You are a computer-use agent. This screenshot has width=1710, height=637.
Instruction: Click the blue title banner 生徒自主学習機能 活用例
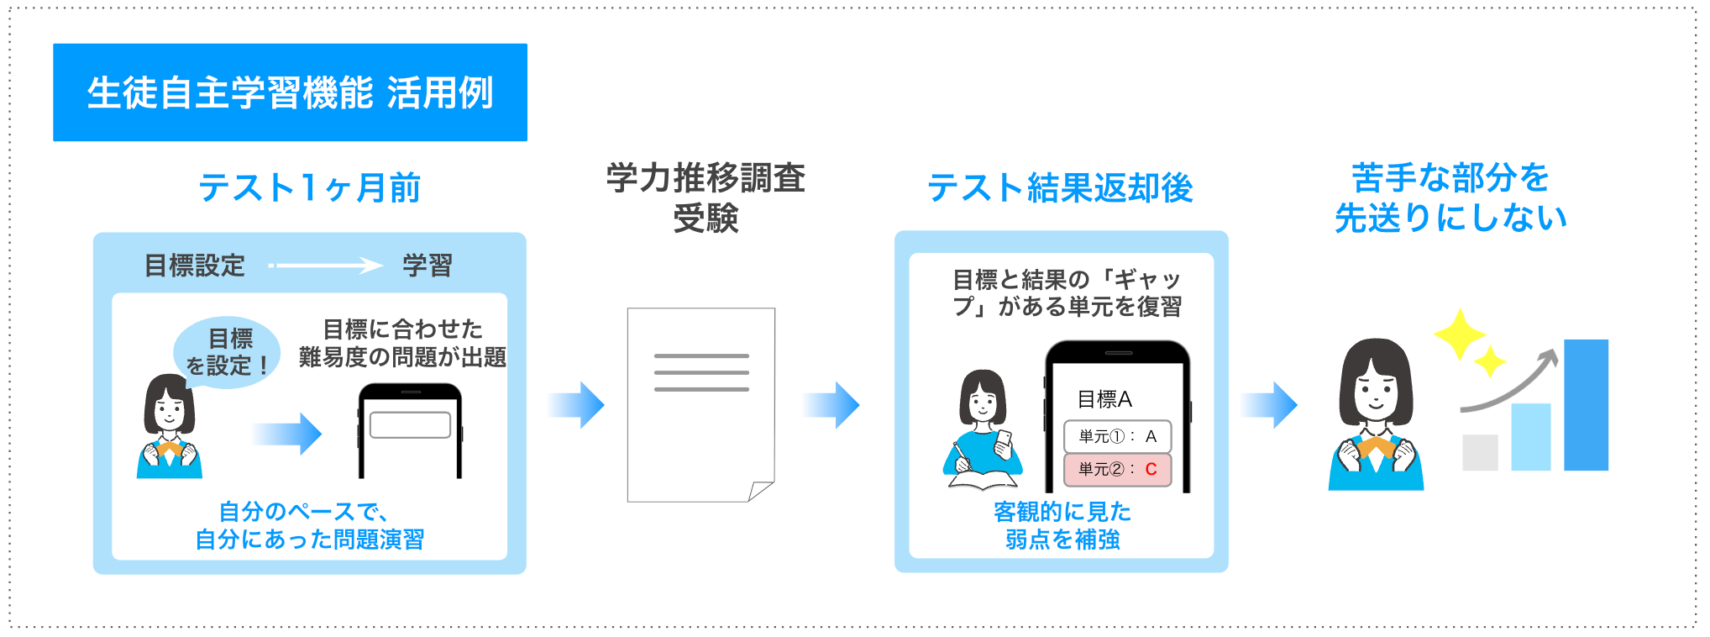290,92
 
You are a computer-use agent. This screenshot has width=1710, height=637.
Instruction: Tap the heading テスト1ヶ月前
309,187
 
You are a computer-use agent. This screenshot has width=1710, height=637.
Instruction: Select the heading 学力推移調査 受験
706,198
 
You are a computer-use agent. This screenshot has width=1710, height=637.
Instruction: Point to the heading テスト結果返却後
1060,187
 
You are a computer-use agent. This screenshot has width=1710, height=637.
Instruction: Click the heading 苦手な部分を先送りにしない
1450,198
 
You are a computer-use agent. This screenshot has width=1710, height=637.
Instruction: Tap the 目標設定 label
195,266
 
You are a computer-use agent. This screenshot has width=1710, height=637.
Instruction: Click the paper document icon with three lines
700,403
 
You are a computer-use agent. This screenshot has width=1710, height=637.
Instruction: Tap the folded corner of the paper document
760,491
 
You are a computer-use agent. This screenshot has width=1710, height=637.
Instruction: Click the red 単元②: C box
1117,469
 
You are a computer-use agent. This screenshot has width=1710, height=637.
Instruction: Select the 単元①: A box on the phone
1117,436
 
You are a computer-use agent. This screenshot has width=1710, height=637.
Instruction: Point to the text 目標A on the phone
1104,399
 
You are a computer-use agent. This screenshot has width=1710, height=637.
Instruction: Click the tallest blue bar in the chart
1586,405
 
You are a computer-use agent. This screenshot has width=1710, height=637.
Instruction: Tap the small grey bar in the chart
1480,452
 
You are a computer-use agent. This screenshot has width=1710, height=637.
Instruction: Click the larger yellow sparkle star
1460,334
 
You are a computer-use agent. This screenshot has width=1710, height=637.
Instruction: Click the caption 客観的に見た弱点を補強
1062,525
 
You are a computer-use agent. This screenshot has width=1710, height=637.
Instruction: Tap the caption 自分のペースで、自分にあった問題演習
309,525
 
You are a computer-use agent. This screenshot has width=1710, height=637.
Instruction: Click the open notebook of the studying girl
983,481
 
